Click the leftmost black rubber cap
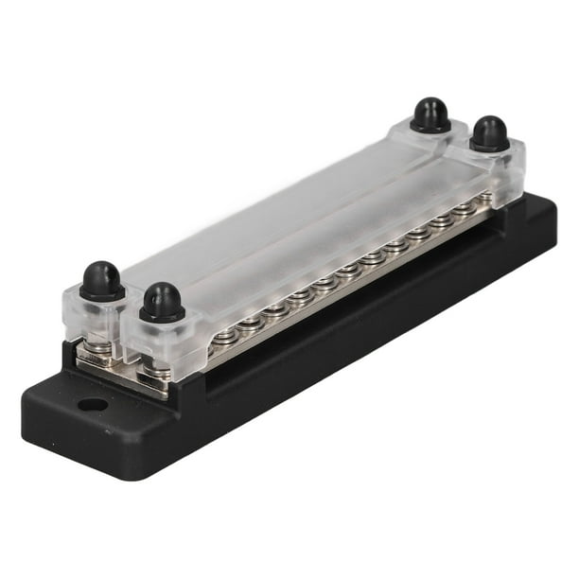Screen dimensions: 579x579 [101, 280]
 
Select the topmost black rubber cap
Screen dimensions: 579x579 [430, 114]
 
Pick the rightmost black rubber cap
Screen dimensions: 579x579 [489, 133]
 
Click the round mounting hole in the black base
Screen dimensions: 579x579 [92, 405]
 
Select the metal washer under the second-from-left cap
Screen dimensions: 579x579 [157, 369]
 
